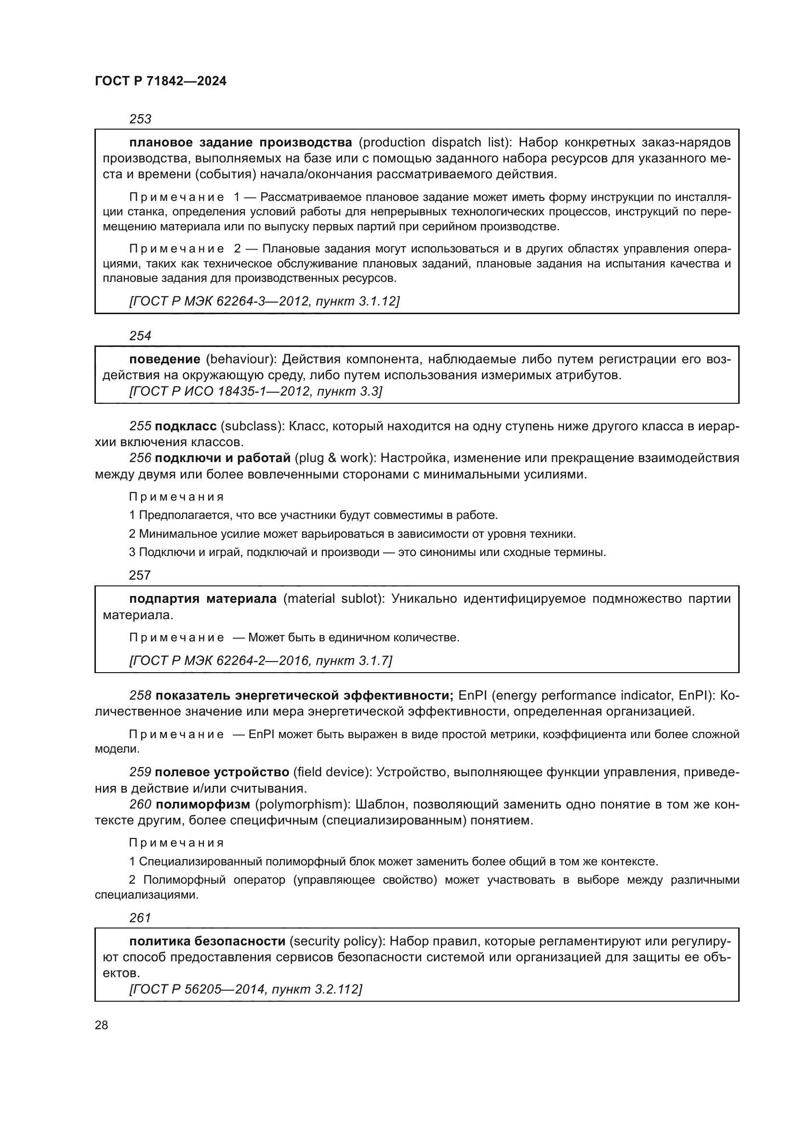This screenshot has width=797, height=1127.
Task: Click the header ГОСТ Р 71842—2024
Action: [x=160, y=81]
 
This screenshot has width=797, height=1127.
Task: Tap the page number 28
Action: [x=101, y=1025]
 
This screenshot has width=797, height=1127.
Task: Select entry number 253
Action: [x=140, y=119]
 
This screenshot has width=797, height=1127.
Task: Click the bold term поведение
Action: [x=164, y=359]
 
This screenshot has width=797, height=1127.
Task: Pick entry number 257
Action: [x=139, y=575]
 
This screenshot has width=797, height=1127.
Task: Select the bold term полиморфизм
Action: [x=203, y=805]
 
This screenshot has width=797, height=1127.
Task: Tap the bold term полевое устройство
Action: [x=222, y=772]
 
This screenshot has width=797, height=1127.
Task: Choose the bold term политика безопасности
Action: [x=207, y=941]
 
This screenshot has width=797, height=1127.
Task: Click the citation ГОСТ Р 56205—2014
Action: [x=198, y=989]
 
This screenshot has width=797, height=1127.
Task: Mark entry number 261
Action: [x=140, y=917]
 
